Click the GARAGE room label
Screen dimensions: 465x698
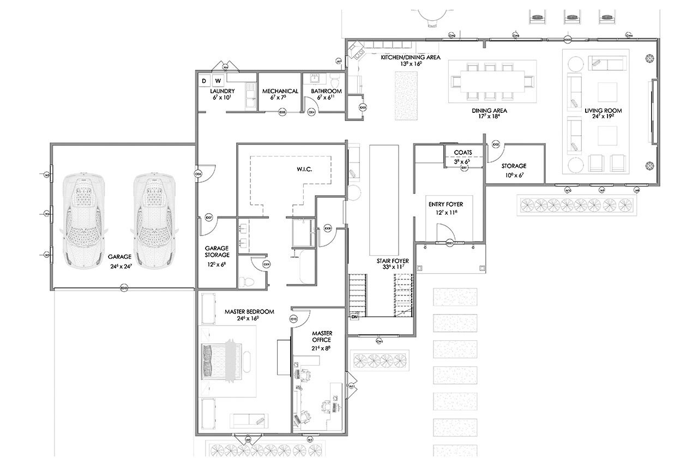(x=120, y=256)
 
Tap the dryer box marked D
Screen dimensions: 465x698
(x=204, y=81)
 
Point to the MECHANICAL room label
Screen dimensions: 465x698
(x=280, y=91)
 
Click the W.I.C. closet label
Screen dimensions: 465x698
(x=304, y=170)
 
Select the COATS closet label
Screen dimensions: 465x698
(x=463, y=153)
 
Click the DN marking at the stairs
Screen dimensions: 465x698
(x=354, y=317)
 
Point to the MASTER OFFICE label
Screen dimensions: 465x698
(x=322, y=336)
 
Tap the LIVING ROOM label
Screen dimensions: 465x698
(x=603, y=111)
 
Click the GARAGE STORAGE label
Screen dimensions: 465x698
(x=217, y=251)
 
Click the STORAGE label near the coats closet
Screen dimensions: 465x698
(x=514, y=166)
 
